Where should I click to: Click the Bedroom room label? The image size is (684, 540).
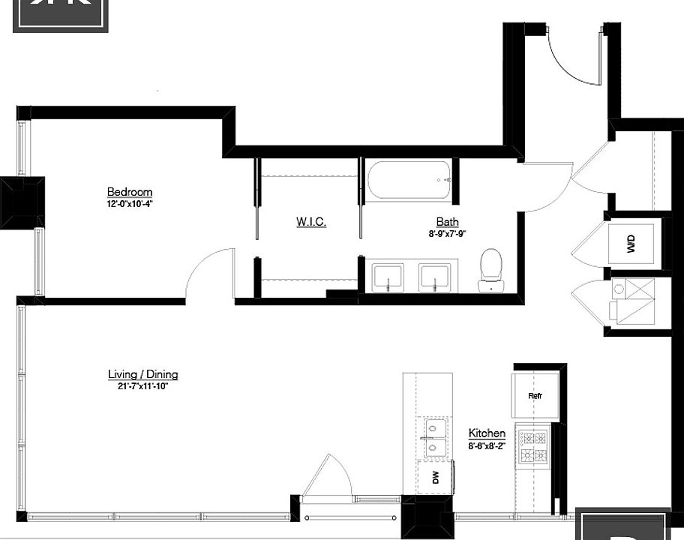tap(130, 192)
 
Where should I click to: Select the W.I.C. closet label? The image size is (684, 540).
tap(310, 222)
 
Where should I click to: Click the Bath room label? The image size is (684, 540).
tap(448, 222)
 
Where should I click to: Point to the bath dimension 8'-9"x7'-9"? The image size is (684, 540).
tap(448, 233)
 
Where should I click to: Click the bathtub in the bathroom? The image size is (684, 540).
tap(409, 180)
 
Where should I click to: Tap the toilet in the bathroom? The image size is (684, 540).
tap(490, 269)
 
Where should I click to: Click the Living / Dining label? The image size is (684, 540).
tap(143, 374)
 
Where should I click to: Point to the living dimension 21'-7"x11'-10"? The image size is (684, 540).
tap(143, 386)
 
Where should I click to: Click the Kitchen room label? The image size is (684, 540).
tap(487, 433)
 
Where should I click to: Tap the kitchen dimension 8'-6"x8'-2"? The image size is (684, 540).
tap(487, 445)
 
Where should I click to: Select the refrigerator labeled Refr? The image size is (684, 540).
tap(535, 395)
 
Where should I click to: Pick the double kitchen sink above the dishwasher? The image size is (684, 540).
tap(433, 438)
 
